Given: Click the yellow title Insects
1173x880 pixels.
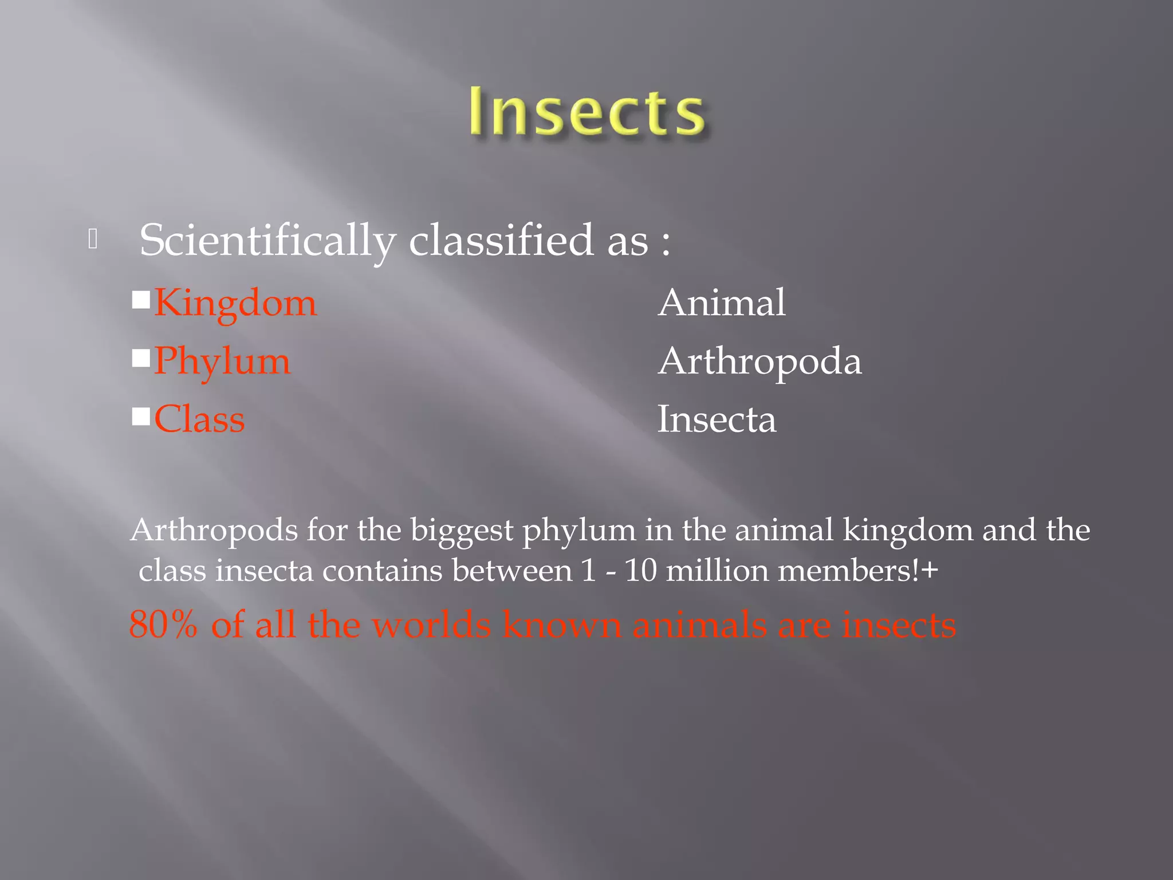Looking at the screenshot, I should pyautogui.click(x=586, y=112).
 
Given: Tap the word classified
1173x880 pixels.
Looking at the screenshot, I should pyautogui.click(x=501, y=239).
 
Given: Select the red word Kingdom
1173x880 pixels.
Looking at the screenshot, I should pyautogui.click(x=235, y=303).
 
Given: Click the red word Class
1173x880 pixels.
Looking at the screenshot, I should pyautogui.click(x=199, y=419).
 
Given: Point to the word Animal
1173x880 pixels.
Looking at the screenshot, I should pyautogui.click(x=722, y=302).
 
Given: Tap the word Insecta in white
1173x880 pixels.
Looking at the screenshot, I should pyautogui.click(x=717, y=419).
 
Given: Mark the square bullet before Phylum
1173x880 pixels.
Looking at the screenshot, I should pyautogui.click(x=141, y=358).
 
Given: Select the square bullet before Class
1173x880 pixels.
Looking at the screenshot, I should pyautogui.click(x=141, y=417).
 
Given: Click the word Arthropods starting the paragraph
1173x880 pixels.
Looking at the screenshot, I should pyautogui.click(x=214, y=531).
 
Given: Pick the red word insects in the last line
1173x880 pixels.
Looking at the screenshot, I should pyautogui.click(x=899, y=624).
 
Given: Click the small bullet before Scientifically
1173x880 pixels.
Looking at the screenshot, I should pyautogui.click(x=93, y=239).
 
